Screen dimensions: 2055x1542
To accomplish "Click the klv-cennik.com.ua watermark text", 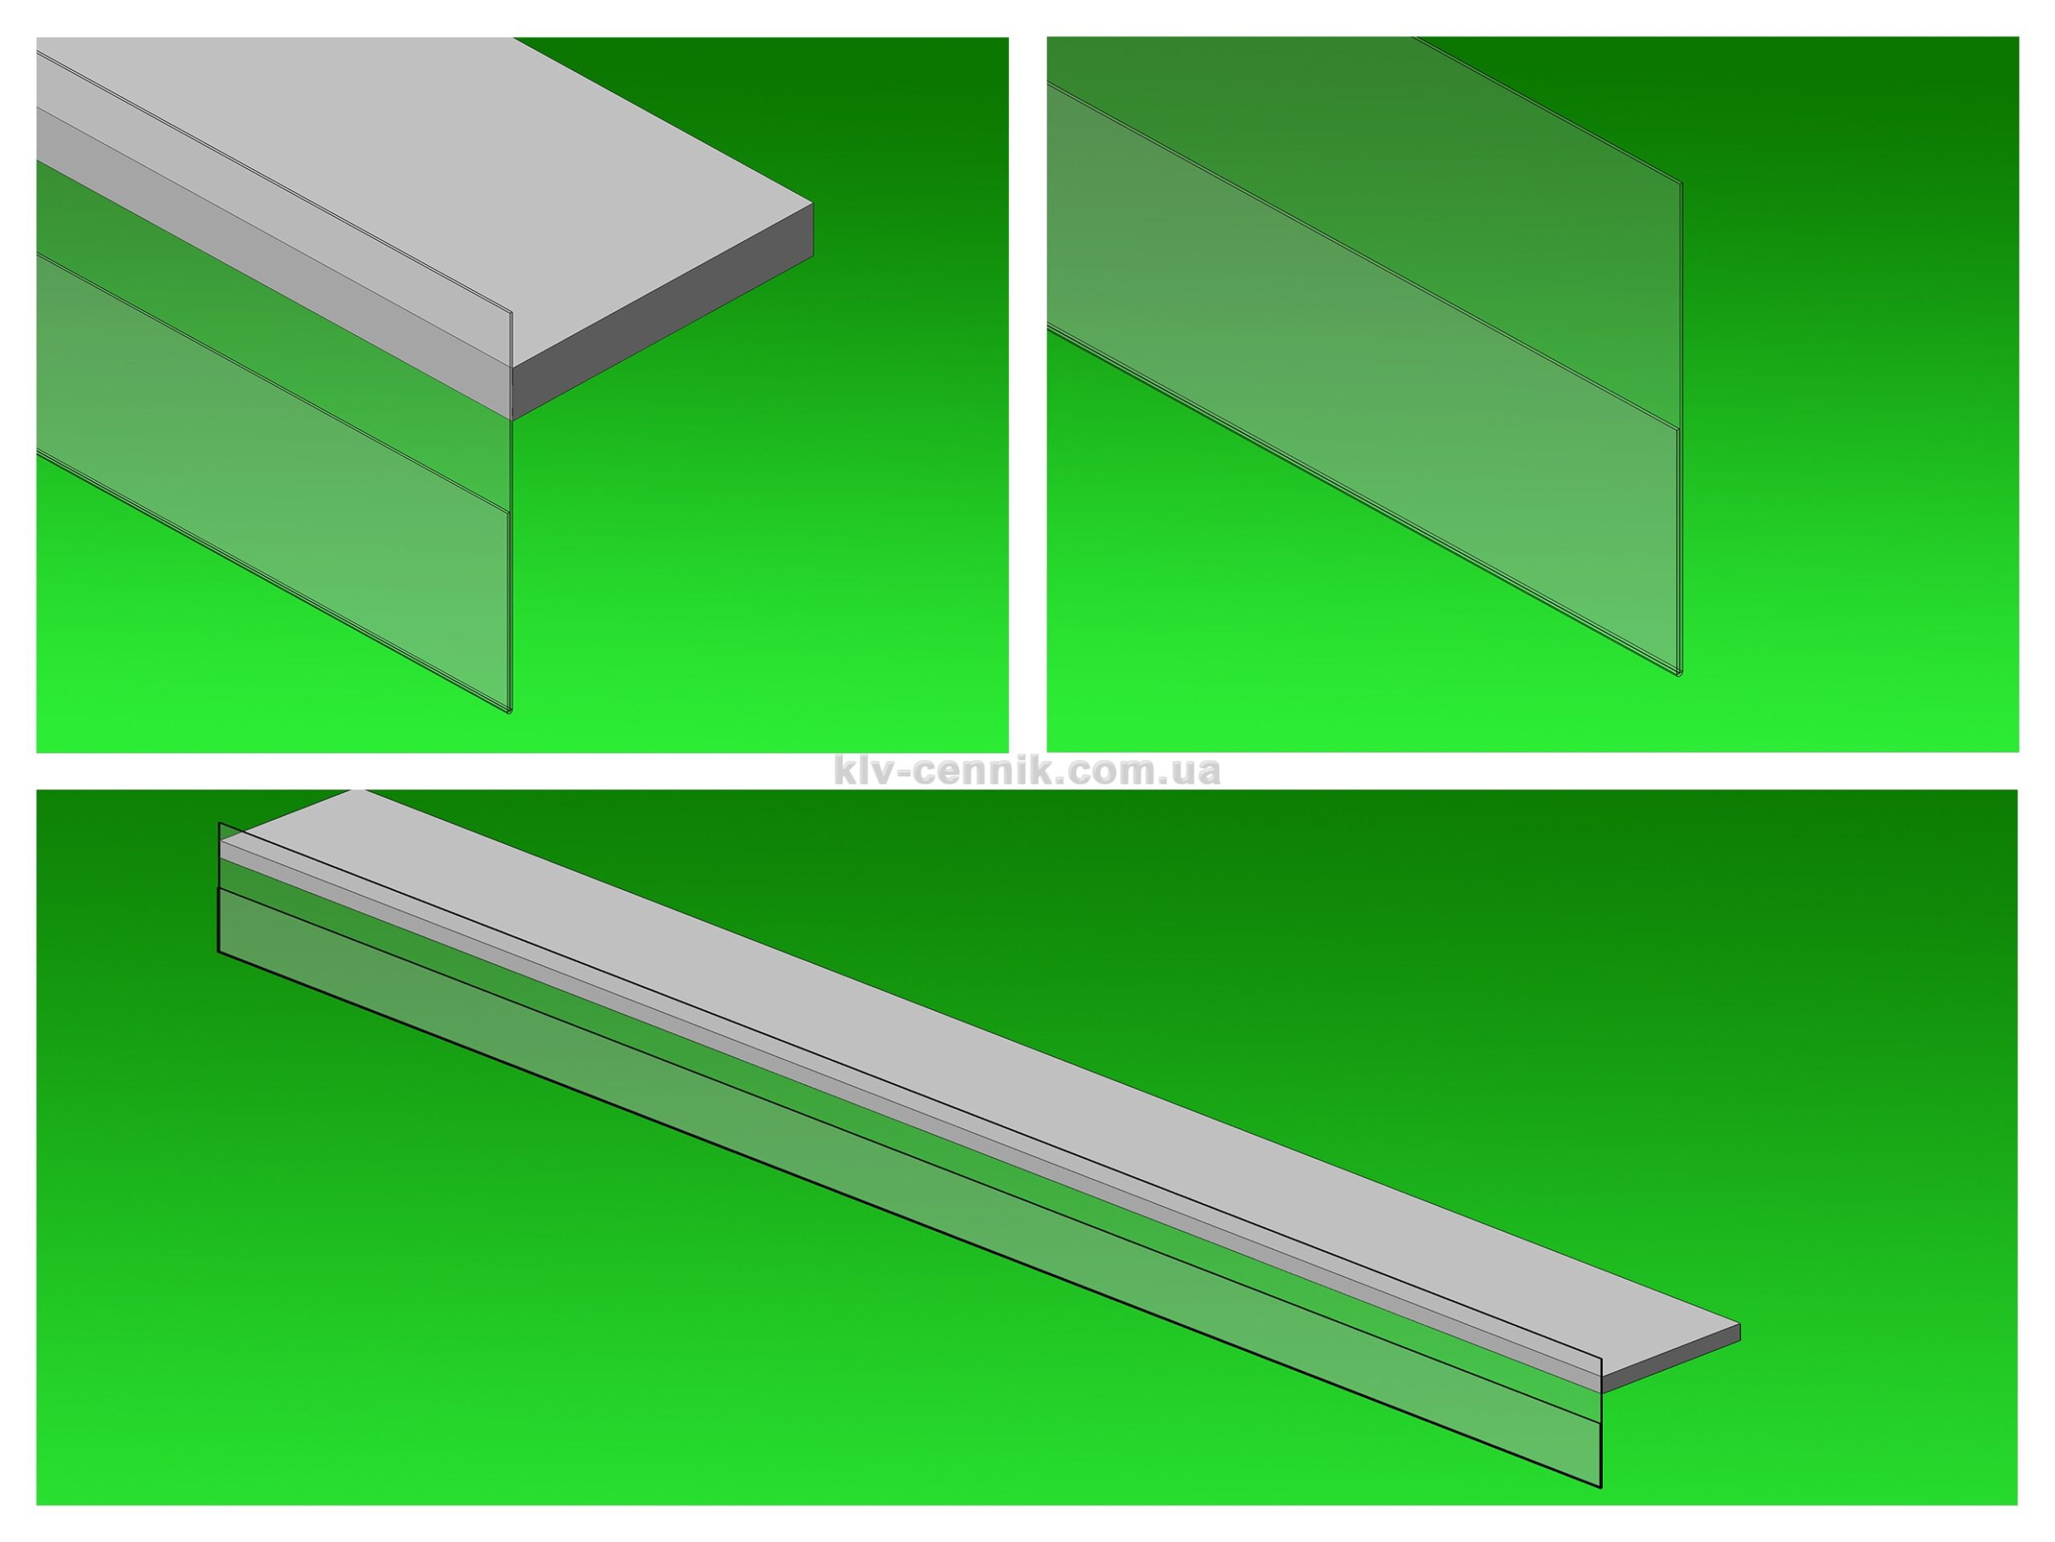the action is [x=1027, y=770].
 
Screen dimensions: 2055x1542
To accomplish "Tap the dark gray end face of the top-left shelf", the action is [x=663, y=311].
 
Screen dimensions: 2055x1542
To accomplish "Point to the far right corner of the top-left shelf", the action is [x=813, y=203].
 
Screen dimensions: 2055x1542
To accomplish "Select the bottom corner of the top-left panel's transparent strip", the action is [x=510, y=713].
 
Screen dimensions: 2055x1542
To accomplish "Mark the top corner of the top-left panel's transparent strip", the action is [x=511, y=311].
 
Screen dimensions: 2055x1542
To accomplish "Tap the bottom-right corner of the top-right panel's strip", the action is [x=1679, y=675].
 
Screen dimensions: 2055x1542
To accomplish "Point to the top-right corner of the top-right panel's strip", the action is [x=1682, y=182].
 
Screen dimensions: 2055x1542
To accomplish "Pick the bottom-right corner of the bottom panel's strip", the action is [x=1601, y=1487].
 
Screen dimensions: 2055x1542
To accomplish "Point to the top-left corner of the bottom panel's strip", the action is [x=219, y=822].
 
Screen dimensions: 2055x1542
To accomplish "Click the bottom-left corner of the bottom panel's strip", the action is [x=218, y=952].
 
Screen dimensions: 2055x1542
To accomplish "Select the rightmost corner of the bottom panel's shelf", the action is [x=1740, y=1324].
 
